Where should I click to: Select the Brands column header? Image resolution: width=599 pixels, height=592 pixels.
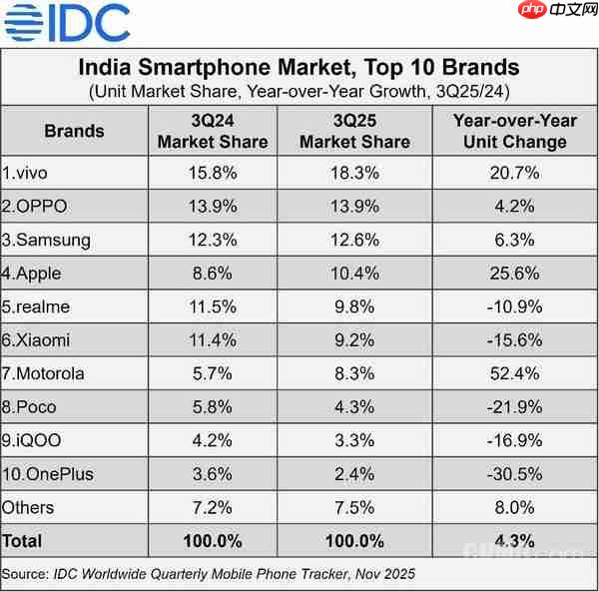coord(75,131)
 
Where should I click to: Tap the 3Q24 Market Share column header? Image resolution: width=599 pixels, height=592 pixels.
coord(212,131)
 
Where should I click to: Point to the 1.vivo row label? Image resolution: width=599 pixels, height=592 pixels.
coord(25,173)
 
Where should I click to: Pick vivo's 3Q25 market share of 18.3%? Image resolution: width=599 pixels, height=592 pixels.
coord(354,173)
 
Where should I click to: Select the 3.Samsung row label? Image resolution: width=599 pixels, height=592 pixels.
coord(47,240)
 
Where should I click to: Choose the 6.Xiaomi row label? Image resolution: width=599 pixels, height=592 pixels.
coord(37,340)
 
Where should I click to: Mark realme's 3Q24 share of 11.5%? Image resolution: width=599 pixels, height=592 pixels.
coord(212,306)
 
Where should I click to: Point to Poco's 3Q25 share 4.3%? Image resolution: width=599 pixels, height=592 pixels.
coord(354,407)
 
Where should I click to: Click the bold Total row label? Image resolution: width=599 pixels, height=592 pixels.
coord(23,541)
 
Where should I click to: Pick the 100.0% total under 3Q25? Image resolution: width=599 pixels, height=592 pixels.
coord(354,541)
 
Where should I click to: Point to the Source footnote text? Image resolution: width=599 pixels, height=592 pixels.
coord(209,574)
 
